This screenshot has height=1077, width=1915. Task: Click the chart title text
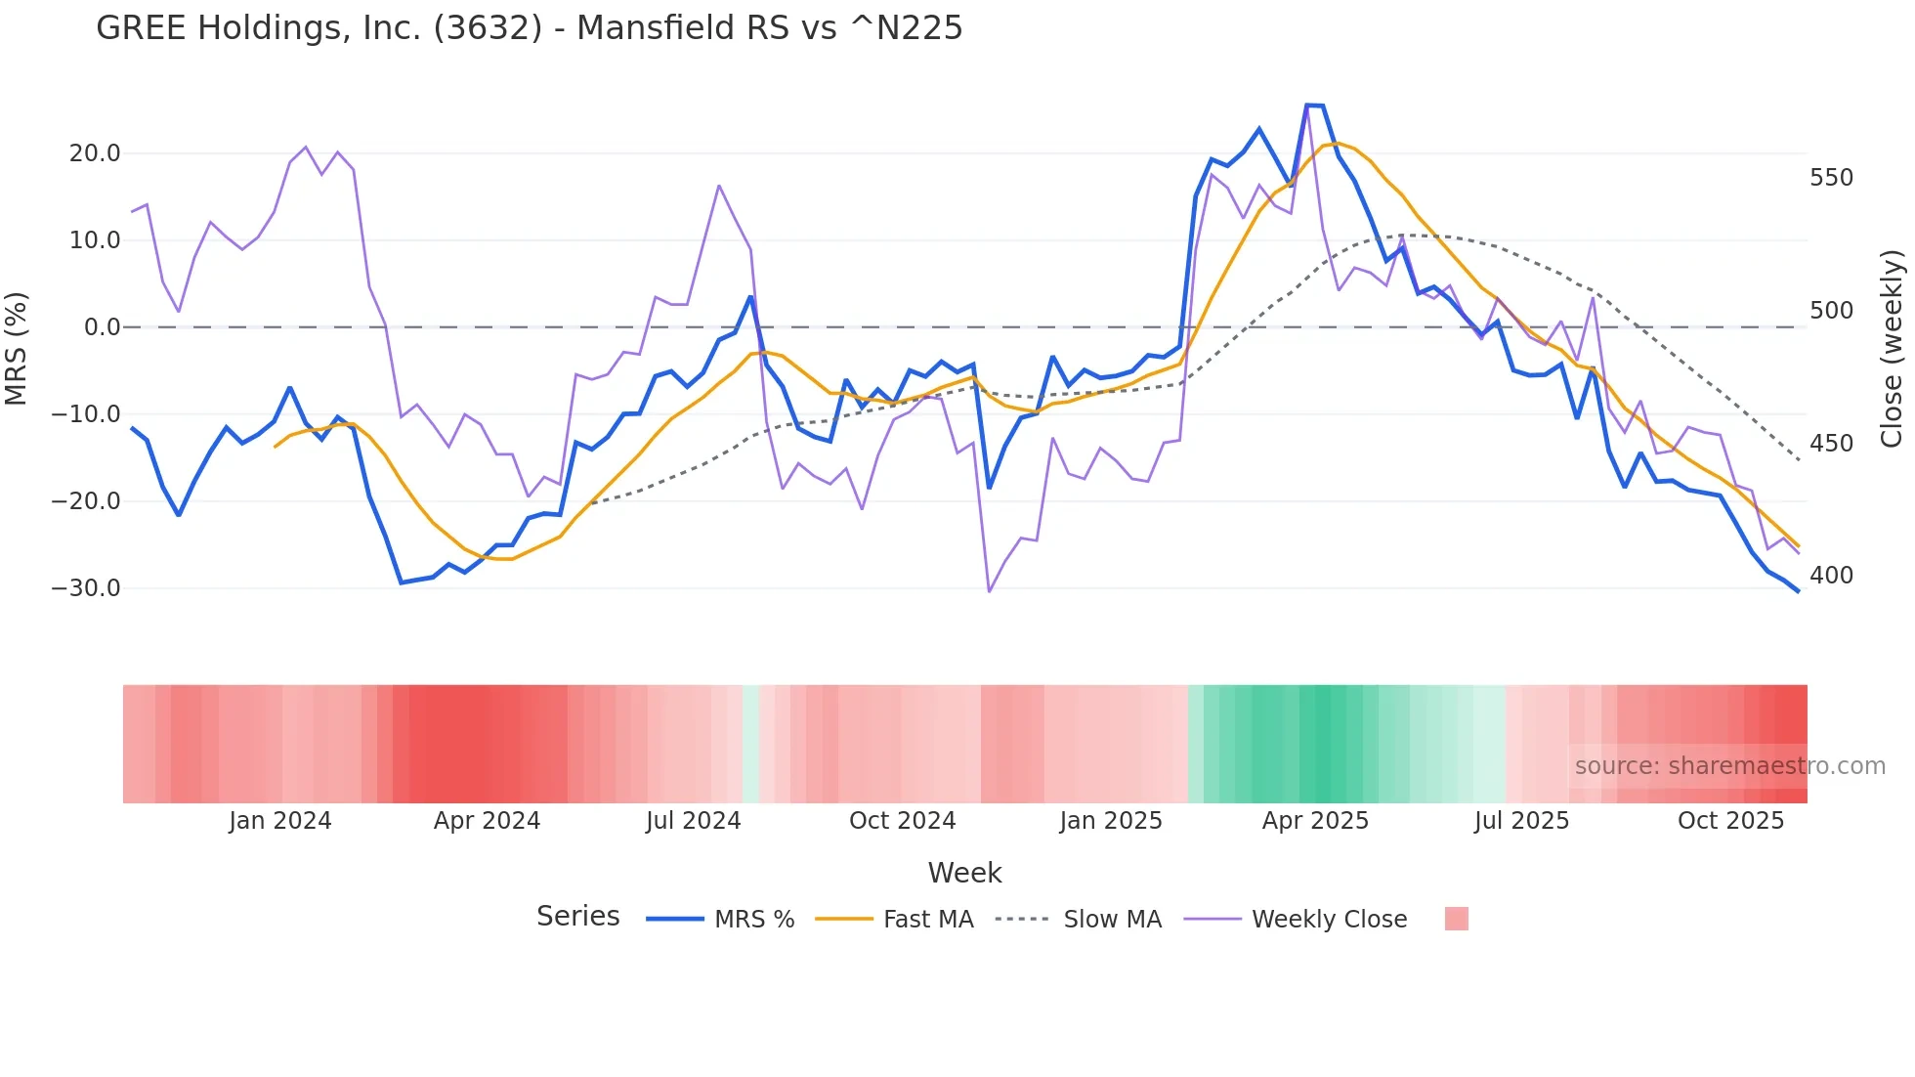pyautogui.click(x=529, y=28)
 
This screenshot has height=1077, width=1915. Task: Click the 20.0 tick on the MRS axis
pyautogui.click(x=95, y=153)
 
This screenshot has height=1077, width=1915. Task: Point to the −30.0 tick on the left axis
pyautogui.click(x=86, y=588)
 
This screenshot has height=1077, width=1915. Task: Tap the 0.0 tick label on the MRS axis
pyautogui.click(x=102, y=327)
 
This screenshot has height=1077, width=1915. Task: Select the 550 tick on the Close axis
pyautogui.click(x=1831, y=178)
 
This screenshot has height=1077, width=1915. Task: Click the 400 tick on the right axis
pyautogui.click(x=1831, y=576)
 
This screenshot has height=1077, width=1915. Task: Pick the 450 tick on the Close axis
pyautogui.click(x=1831, y=444)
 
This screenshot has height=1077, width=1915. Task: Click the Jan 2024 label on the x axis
pyautogui.click(x=280, y=821)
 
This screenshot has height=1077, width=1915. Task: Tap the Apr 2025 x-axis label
pyautogui.click(x=1315, y=821)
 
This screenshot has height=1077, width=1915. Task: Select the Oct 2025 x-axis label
pyautogui.click(x=1730, y=821)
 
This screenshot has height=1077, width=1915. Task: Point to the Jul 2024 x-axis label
pyautogui.click(x=694, y=821)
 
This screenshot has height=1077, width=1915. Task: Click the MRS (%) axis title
pyautogui.click(x=17, y=348)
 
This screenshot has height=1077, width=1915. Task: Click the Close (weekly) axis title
pyautogui.click(x=1893, y=349)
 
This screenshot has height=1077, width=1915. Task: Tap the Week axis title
pyautogui.click(x=964, y=873)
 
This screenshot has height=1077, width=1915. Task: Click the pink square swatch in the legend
pyautogui.click(x=1456, y=919)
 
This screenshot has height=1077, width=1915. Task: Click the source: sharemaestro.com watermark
pyautogui.click(x=1729, y=766)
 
